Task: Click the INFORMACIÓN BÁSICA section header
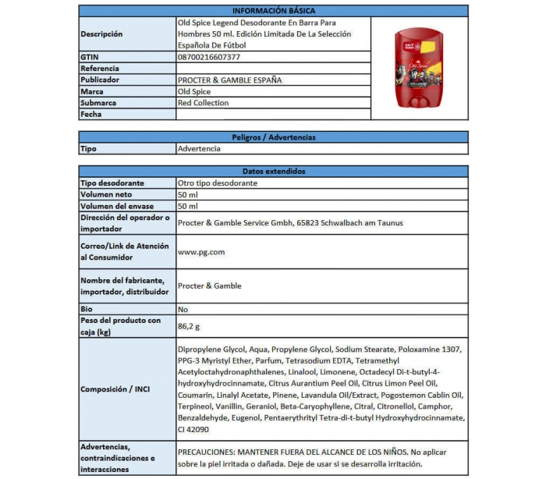(x=274, y=11)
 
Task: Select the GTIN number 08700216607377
(x=209, y=57)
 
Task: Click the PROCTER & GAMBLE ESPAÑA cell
(x=230, y=80)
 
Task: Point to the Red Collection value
(x=204, y=103)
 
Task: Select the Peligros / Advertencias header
(x=274, y=137)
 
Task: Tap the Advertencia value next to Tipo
(x=199, y=148)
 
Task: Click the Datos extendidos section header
(x=274, y=172)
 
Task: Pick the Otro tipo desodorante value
(x=218, y=183)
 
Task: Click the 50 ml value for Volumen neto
(x=188, y=194)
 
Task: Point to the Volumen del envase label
(x=115, y=206)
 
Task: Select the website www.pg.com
(x=201, y=252)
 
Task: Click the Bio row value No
(x=183, y=309)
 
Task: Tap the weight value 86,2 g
(x=190, y=326)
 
